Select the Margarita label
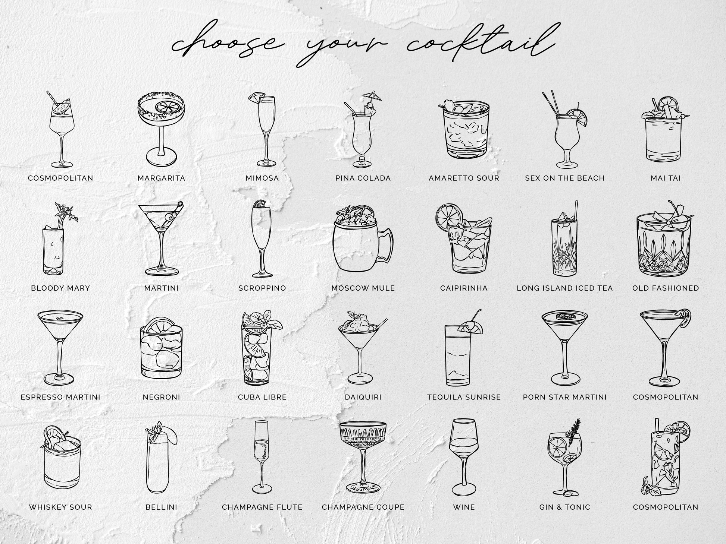161,178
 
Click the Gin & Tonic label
564,507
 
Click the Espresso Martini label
60,397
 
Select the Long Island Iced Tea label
564,288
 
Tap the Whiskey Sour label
60,507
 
